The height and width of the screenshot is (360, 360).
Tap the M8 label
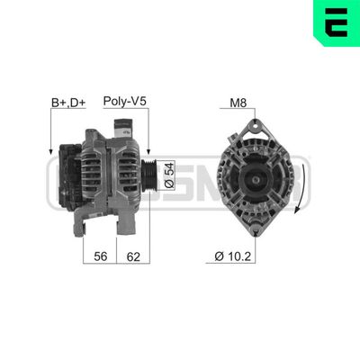click(238, 102)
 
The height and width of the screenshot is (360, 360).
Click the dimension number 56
click(101, 256)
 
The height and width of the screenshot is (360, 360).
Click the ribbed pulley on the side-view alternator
click(150, 170)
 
